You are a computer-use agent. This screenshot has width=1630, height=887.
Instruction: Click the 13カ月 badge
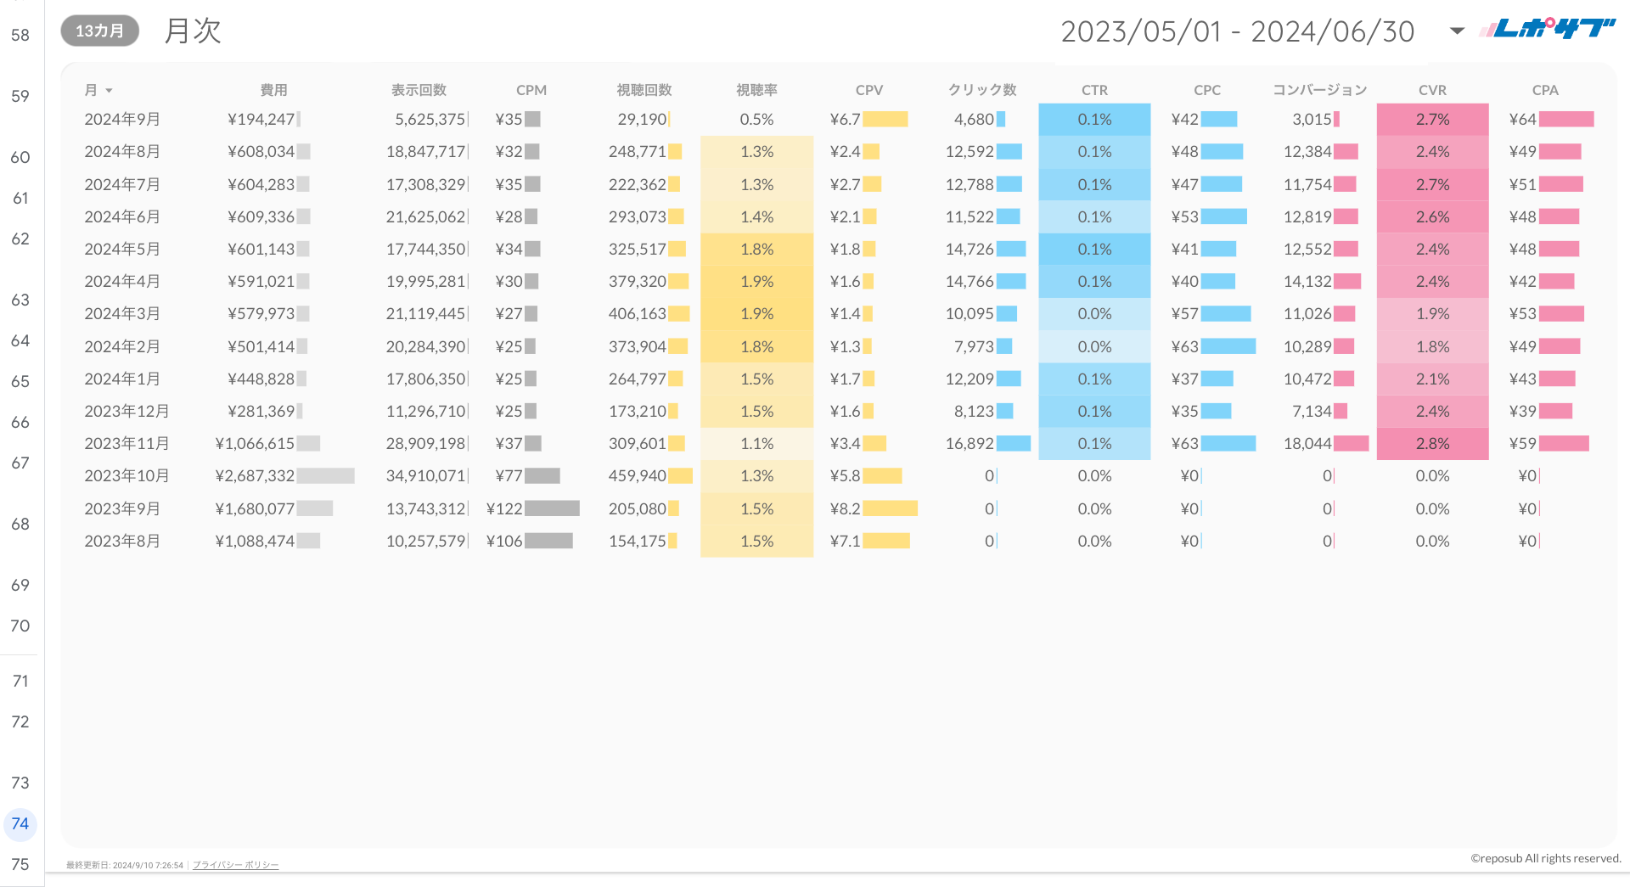tap(99, 31)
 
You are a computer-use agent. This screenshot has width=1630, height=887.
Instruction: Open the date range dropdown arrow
tap(1457, 31)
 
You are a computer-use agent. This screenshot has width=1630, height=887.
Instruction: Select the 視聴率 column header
tap(756, 90)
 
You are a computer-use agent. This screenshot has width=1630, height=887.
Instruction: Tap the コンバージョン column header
tap(1319, 90)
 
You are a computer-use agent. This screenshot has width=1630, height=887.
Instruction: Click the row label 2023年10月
tap(126, 476)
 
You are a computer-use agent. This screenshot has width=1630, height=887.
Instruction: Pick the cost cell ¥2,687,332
tap(255, 476)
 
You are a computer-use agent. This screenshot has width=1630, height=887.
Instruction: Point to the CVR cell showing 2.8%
tap(1432, 444)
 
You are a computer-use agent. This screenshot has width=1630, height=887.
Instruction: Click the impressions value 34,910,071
tap(425, 476)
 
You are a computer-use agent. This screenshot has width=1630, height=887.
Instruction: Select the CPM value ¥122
tap(504, 509)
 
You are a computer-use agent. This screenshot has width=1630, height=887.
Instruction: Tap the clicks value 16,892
tap(970, 444)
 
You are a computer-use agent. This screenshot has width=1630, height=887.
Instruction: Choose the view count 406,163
tap(637, 314)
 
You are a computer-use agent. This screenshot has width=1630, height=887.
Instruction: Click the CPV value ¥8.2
tap(845, 509)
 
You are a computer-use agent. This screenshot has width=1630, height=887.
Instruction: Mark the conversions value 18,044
tap(1307, 444)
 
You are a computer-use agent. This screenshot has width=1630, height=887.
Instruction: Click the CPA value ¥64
tap(1522, 120)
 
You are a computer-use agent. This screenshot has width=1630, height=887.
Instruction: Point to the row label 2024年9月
tap(122, 120)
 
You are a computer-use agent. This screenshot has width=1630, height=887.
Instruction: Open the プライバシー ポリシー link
tap(235, 865)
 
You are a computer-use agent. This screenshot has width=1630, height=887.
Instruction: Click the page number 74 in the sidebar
tap(20, 823)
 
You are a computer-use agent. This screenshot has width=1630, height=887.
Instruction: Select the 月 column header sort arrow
tap(109, 91)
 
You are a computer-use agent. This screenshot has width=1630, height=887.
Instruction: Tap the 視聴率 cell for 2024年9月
tap(756, 120)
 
